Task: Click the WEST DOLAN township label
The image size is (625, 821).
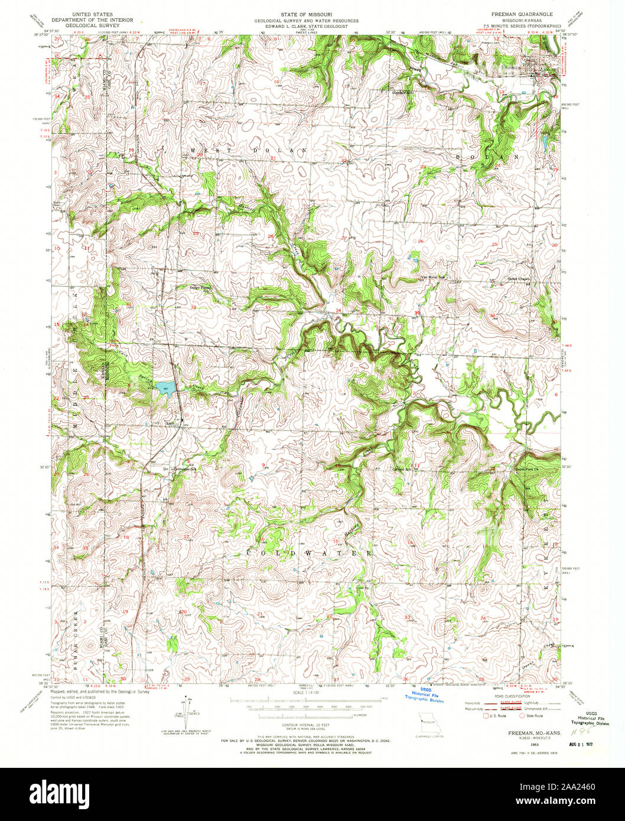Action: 249,151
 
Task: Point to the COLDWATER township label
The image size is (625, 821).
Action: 310,553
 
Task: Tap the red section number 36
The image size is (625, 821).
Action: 492,315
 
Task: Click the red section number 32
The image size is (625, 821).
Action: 194,307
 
